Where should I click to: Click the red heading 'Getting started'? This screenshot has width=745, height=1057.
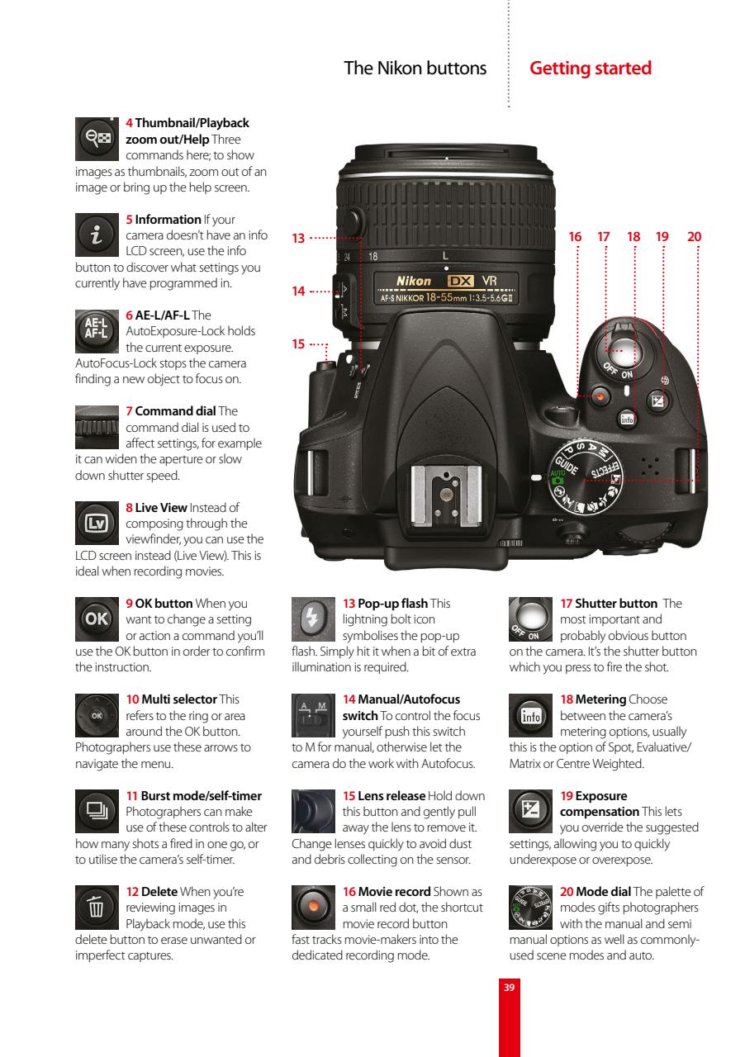click(x=590, y=69)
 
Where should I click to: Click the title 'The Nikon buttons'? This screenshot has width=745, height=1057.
click(x=415, y=69)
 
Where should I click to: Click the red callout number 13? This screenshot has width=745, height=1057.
click(x=298, y=239)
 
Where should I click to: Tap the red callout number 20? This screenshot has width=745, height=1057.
click(x=694, y=237)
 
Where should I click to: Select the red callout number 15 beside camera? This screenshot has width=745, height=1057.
click(x=298, y=344)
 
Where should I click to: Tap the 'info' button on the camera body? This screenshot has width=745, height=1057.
click(x=626, y=420)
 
